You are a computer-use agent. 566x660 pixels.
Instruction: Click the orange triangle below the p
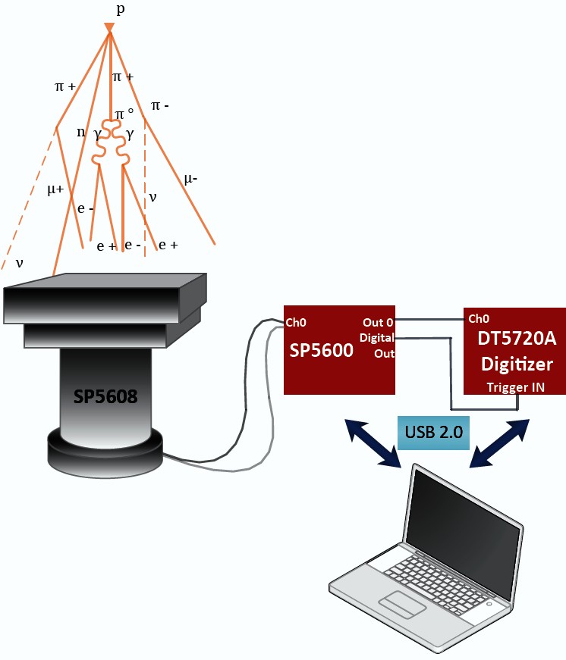(x=109, y=29)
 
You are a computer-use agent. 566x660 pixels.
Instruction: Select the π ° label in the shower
(x=124, y=114)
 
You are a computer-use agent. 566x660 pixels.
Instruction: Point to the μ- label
(x=191, y=179)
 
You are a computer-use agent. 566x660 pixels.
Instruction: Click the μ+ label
(x=55, y=189)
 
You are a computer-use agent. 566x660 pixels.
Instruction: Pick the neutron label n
(x=81, y=132)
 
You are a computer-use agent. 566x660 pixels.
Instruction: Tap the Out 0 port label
(x=378, y=322)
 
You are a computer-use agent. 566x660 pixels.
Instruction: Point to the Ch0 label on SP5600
(x=297, y=322)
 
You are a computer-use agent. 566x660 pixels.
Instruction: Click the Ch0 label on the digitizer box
(x=478, y=318)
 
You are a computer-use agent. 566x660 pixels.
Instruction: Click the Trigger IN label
(x=515, y=387)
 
